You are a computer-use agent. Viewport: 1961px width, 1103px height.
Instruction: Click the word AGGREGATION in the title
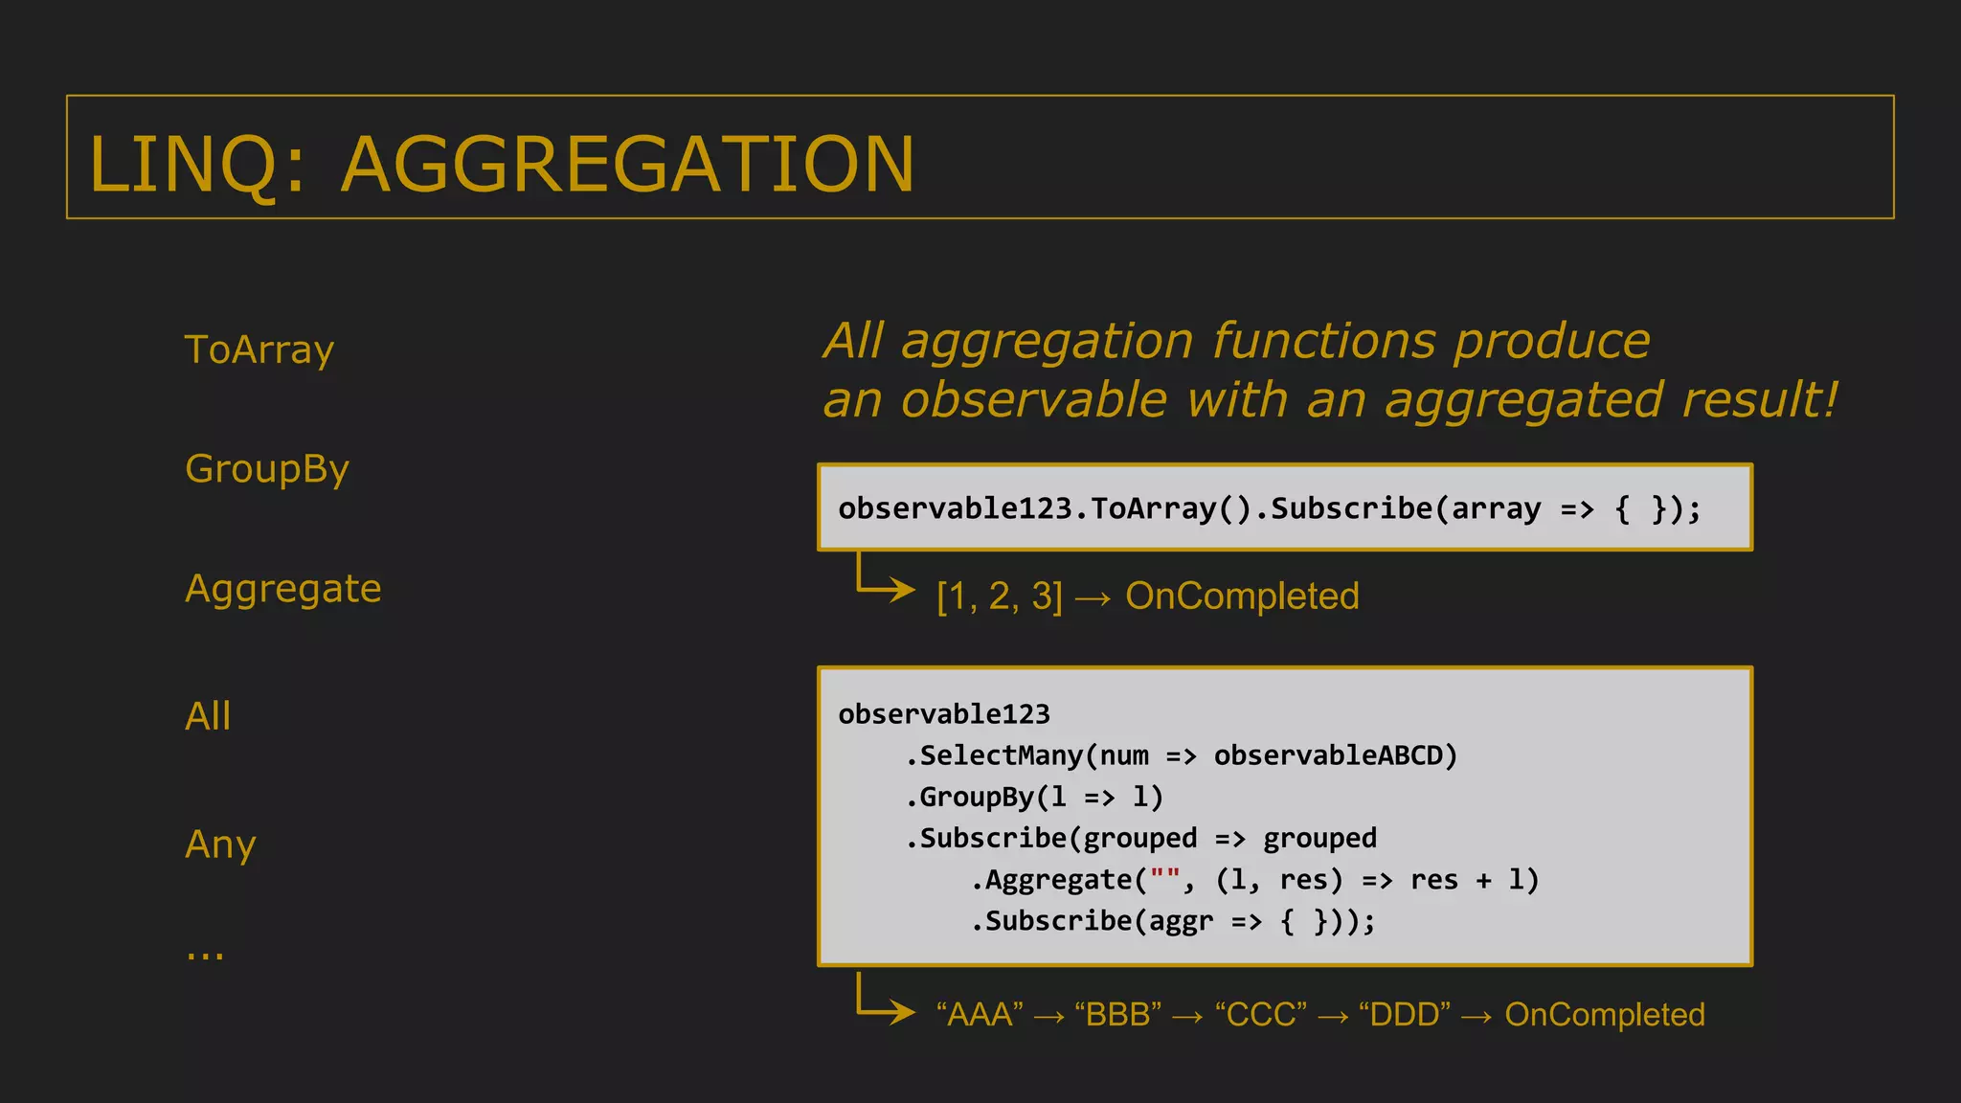click(627, 164)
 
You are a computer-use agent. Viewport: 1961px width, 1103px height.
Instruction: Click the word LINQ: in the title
click(197, 164)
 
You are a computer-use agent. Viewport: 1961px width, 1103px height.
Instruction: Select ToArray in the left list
click(259, 350)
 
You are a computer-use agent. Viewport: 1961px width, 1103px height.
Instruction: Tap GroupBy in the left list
click(266, 469)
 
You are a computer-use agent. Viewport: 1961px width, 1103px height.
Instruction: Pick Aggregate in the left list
click(282, 589)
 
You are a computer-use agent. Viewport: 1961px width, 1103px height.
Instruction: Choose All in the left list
click(208, 716)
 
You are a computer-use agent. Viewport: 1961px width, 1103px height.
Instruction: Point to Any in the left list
click(220, 844)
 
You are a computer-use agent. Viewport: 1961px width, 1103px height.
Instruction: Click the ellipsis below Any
click(205, 954)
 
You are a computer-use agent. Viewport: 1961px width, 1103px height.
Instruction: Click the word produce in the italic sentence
click(1551, 342)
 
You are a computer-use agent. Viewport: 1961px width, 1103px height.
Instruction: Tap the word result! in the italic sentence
click(1760, 400)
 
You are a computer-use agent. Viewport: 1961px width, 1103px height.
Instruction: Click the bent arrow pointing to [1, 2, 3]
click(883, 579)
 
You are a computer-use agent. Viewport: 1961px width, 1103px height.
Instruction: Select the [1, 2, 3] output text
click(1000, 597)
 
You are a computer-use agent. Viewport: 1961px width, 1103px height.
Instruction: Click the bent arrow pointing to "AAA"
click(883, 1001)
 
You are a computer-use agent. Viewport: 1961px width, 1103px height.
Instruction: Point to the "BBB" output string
click(1117, 1015)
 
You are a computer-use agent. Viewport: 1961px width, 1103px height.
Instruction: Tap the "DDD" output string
click(1404, 1015)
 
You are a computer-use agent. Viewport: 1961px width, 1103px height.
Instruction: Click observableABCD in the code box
click(1335, 755)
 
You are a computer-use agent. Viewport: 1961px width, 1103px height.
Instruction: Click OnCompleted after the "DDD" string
click(1605, 1015)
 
